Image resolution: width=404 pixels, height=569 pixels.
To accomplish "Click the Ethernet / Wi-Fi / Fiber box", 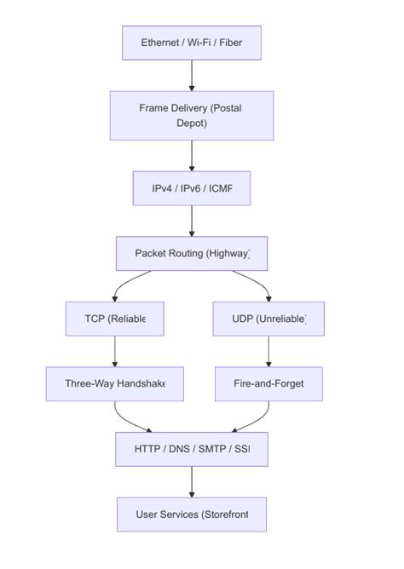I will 191,43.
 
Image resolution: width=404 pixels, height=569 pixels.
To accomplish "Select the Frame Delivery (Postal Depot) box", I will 191,115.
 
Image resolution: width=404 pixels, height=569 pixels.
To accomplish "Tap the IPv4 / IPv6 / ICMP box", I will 191,188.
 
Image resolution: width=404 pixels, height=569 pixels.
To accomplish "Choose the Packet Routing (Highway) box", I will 191,253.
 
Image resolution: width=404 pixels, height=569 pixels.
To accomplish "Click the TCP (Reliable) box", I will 114,319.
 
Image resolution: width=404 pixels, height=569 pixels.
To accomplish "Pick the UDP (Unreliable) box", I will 268,319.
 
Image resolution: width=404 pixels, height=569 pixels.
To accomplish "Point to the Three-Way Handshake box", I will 114,383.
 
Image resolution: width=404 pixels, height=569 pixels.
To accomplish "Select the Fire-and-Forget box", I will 268,383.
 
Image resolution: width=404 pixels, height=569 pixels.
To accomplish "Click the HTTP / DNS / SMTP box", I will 191,449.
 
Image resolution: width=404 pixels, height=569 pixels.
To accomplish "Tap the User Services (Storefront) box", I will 191,514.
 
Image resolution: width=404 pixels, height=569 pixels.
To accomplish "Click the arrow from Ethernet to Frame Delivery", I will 191,75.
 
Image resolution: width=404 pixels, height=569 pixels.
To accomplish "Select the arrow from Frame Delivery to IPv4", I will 191,155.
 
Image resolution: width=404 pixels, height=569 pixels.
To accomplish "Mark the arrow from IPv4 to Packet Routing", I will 191,221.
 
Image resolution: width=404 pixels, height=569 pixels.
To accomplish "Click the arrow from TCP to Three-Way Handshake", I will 114,351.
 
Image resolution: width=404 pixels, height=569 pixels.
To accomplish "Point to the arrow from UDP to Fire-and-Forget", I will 268,351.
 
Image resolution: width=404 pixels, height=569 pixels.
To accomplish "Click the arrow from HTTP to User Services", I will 191,481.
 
